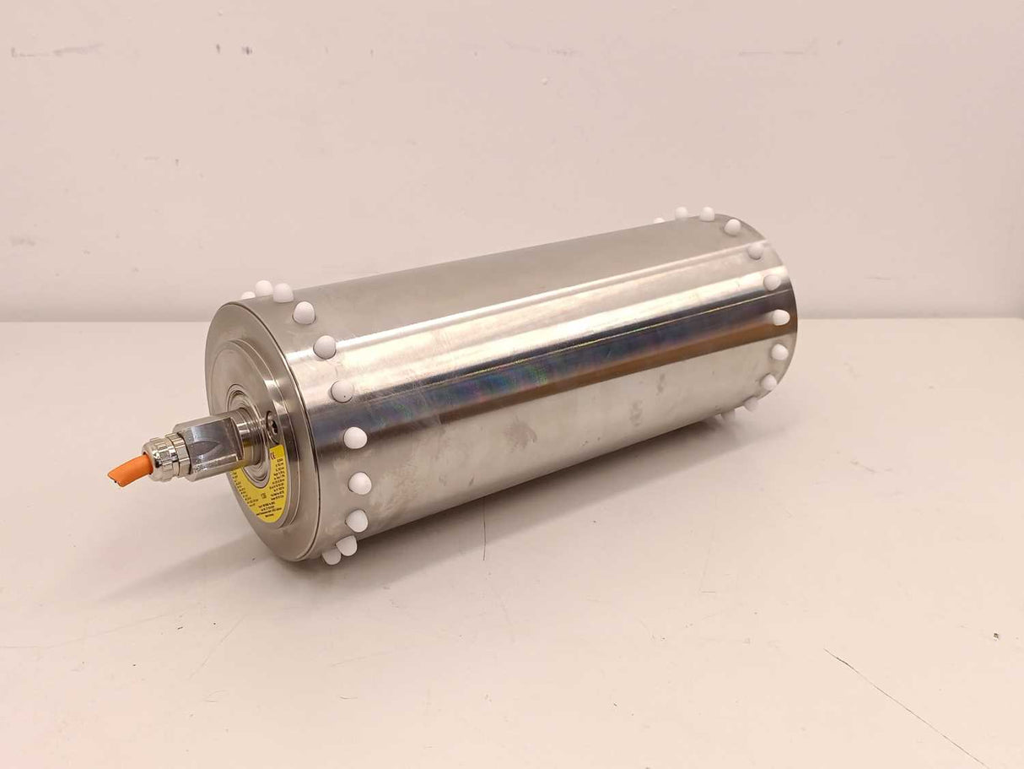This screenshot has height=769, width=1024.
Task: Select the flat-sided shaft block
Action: click(x=207, y=446)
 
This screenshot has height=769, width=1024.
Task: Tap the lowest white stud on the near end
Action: click(x=331, y=556)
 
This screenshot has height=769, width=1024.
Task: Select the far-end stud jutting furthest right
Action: click(x=781, y=317)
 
